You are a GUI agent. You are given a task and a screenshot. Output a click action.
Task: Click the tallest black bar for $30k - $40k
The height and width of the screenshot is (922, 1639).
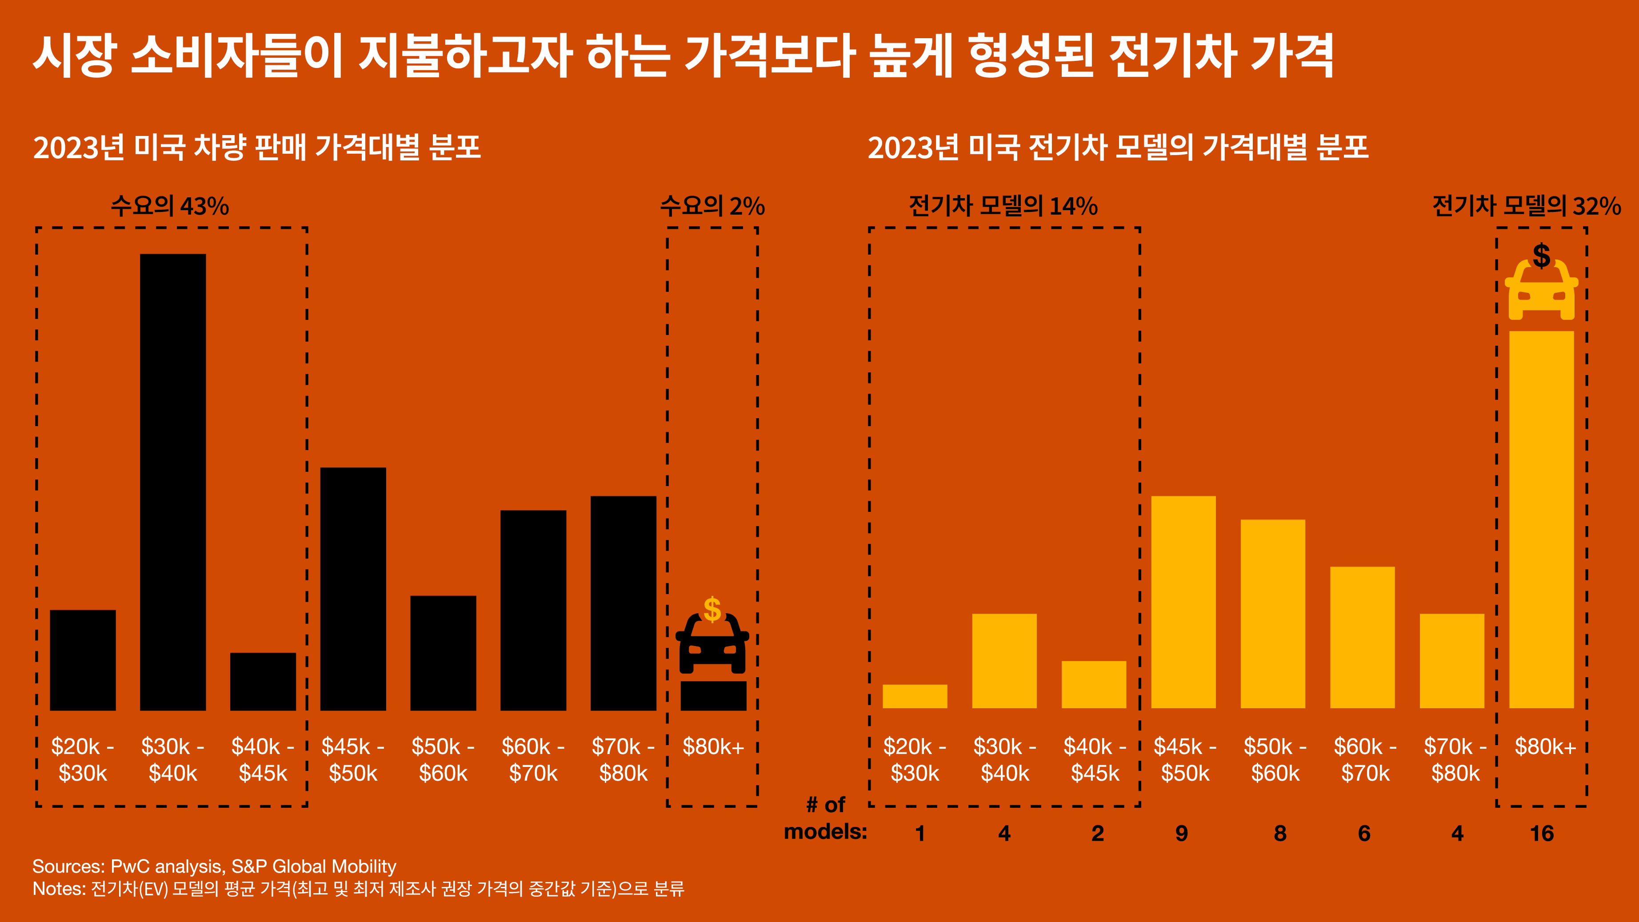172,482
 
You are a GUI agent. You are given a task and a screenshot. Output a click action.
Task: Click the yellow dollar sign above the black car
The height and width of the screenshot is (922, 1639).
712,609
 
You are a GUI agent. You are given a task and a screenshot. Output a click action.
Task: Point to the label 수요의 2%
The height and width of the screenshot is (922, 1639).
712,206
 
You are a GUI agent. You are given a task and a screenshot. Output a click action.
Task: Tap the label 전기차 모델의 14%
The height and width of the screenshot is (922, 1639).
1003,206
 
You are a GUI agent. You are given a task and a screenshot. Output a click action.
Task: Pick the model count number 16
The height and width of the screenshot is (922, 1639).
1541,833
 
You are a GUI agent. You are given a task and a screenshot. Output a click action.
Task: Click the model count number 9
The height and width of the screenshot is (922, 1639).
1182,833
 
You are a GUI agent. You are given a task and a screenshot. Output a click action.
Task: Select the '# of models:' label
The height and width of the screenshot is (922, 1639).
825,818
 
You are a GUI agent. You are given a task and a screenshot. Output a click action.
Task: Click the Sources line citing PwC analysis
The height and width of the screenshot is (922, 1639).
214,866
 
